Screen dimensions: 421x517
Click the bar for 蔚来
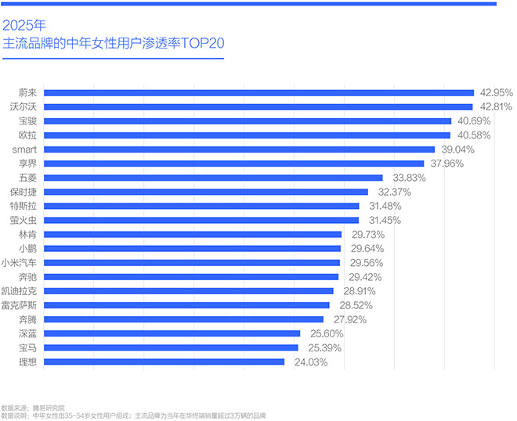[x=258, y=92]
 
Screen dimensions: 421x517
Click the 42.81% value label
[x=495, y=106]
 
